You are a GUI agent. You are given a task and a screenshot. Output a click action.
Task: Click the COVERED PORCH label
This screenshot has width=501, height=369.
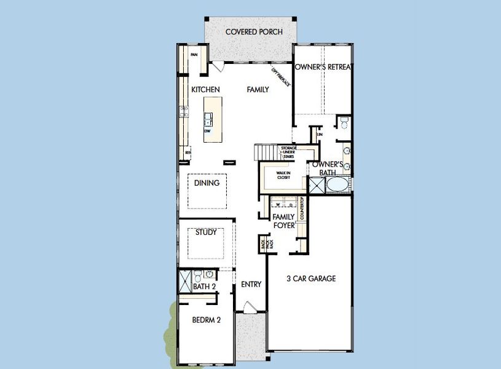pos(254,31)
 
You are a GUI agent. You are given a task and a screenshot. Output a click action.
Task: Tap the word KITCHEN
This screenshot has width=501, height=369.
pos(205,90)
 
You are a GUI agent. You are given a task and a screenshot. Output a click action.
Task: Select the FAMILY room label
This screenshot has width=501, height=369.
pos(258,90)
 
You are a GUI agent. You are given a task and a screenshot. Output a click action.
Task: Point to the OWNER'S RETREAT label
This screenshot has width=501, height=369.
pos(323,67)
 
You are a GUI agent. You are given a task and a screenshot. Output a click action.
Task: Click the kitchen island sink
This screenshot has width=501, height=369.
pos(209,118)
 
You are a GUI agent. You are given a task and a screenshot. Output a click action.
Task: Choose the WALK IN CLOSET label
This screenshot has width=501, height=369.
pos(283,175)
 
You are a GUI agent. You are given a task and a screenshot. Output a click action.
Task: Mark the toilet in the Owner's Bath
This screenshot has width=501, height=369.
pos(344,124)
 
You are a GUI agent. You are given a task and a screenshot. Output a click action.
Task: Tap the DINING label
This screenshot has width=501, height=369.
pos(207,183)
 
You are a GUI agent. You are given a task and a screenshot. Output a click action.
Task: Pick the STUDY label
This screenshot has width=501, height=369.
pos(205,232)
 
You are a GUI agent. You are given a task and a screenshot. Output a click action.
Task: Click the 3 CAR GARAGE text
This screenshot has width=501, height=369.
pos(311,279)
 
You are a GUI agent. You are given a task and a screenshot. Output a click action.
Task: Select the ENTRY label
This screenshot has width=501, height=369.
pos(251,284)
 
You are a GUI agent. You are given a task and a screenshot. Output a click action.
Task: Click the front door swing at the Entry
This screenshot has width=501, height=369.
pos(247,307)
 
